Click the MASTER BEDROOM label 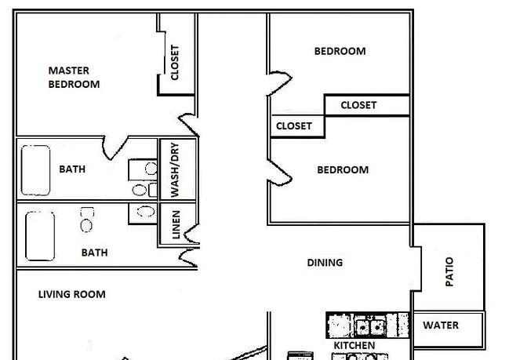(x=74, y=78)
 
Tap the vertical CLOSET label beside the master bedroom (x=175, y=63)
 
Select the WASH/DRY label (x=175, y=169)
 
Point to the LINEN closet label (x=176, y=224)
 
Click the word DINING (x=325, y=262)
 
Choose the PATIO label (x=449, y=271)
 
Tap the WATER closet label (x=441, y=325)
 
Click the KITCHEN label (x=354, y=345)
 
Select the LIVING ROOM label (x=71, y=294)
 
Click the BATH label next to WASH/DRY (x=72, y=169)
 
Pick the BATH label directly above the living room (x=94, y=253)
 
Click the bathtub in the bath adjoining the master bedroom (x=36, y=170)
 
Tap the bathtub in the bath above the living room (x=40, y=236)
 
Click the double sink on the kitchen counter (x=369, y=327)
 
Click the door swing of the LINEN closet (x=192, y=235)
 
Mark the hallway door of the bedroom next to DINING (x=280, y=173)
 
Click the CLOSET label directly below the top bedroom (x=358, y=105)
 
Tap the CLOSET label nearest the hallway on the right (x=294, y=126)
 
